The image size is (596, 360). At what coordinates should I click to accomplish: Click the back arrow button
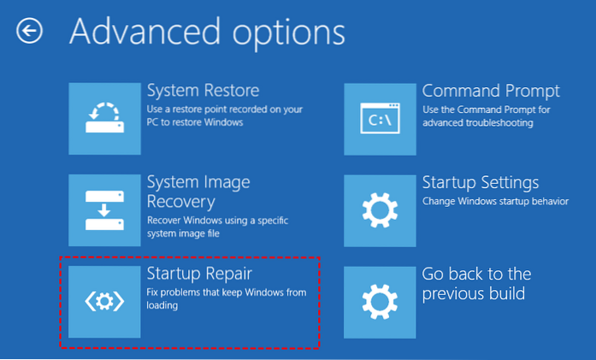pyautogui.click(x=29, y=31)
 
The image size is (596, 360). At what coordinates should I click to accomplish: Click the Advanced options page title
pyautogui.click(x=208, y=32)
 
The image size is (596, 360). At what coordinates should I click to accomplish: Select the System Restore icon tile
pyautogui.click(x=104, y=119)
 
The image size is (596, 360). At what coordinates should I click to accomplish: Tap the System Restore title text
pyautogui.click(x=203, y=91)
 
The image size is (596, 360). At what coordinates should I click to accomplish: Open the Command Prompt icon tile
pyautogui.click(x=381, y=120)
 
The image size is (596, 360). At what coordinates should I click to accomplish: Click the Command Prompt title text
pyautogui.click(x=491, y=91)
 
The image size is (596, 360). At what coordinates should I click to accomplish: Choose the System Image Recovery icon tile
pyautogui.click(x=104, y=210)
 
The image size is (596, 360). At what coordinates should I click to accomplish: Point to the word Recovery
pyautogui.click(x=181, y=202)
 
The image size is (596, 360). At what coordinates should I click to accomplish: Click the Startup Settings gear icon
pyautogui.click(x=381, y=210)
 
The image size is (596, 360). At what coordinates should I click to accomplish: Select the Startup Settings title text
pyautogui.click(x=481, y=183)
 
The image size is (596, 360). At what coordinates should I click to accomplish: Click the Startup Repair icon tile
pyautogui.click(x=104, y=302)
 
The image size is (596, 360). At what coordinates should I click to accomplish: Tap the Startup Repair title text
pyautogui.click(x=199, y=274)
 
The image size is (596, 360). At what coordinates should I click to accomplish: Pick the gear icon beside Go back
pyautogui.click(x=381, y=302)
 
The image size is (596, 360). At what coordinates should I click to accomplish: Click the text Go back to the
pyautogui.click(x=476, y=274)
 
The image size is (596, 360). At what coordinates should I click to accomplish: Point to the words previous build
pyautogui.click(x=474, y=293)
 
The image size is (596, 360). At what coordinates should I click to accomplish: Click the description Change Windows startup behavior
pyautogui.click(x=496, y=201)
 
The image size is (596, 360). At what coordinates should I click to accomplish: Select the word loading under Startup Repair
pyautogui.click(x=162, y=305)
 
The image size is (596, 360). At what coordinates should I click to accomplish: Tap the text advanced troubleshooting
pyautogui.click(x=478, y=123)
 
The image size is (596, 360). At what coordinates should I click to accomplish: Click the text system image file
pyautogui.click(x=183, y=233)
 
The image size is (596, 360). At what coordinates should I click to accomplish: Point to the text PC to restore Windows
pyautogui.click(x=195, y=122)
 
